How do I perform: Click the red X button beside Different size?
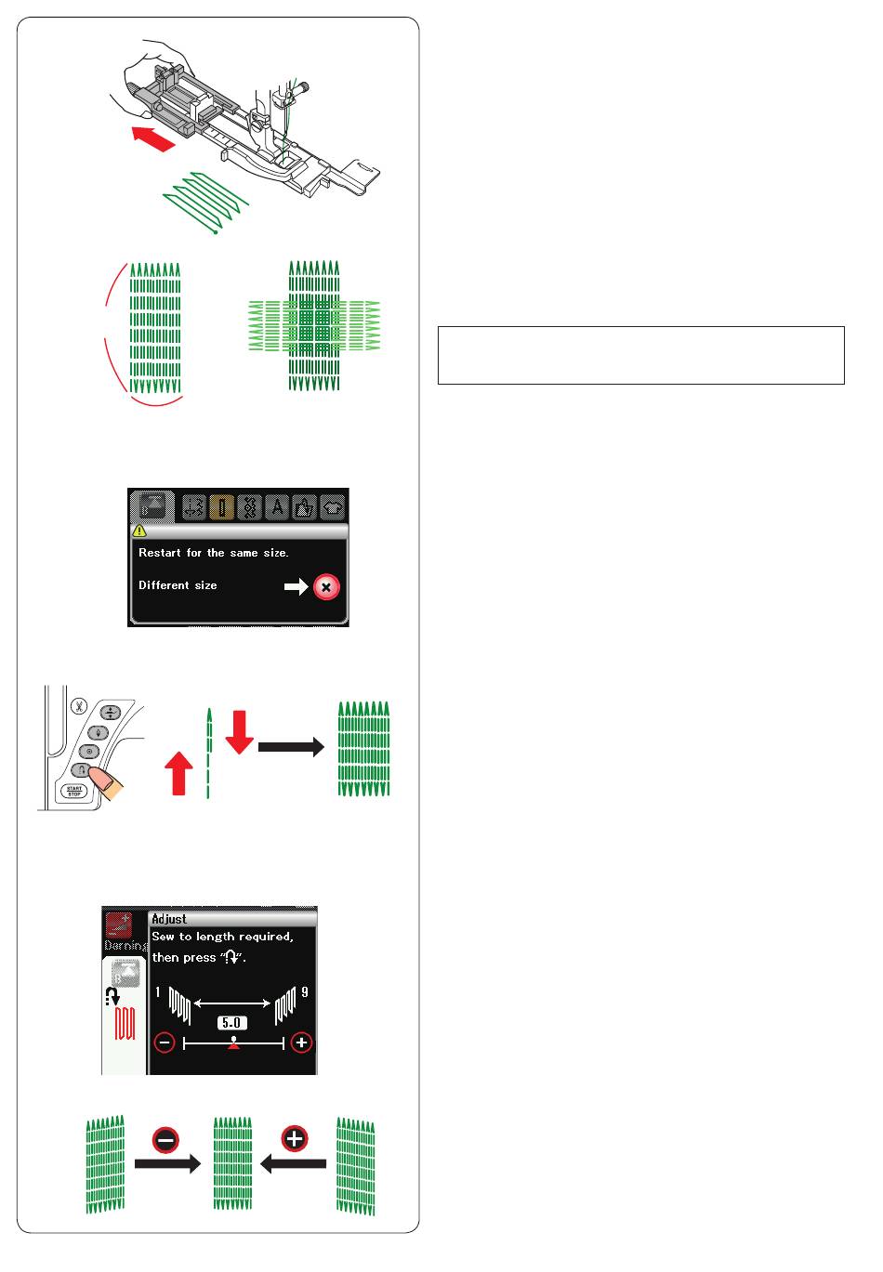pos(326,587)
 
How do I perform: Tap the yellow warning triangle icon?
pos(139,531)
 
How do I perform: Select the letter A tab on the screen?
pos(277,506)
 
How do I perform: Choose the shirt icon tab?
pos(333,506)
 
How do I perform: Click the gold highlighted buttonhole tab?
pos(221,506)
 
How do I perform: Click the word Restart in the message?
pos(160,553)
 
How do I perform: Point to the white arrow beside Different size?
pos(297,586)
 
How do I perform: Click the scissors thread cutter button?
pos(78,706)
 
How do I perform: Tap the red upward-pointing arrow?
pos(178,773)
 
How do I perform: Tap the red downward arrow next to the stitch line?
pos(239,732)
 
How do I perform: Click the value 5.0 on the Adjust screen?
pos(231,1023)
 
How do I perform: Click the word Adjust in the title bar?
pos(169,919)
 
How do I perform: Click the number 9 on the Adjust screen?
pos(305,992)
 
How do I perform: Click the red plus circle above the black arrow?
pos(295,1138)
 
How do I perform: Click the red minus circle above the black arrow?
pos(165,1140)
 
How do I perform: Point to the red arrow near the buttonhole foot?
pos(153,138)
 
